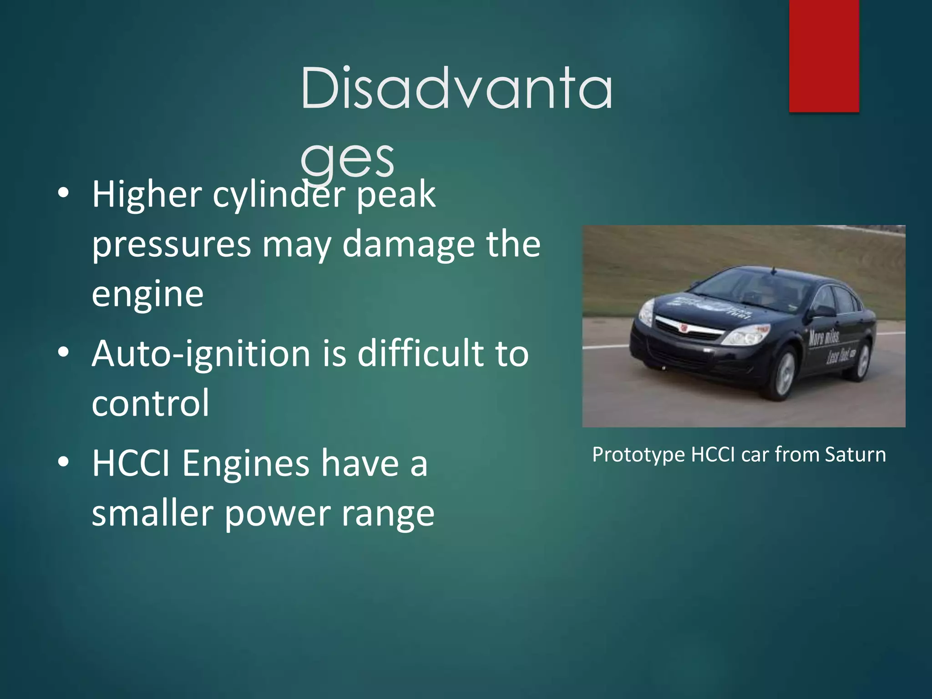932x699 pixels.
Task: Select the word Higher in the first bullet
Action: [147, 195]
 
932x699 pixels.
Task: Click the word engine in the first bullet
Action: [147, 295]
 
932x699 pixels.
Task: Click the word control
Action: [150, 403]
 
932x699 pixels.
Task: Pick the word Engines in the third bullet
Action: [246, 463]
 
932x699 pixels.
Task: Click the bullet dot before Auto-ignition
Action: [64, 352]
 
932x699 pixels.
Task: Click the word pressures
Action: [171, 245]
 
